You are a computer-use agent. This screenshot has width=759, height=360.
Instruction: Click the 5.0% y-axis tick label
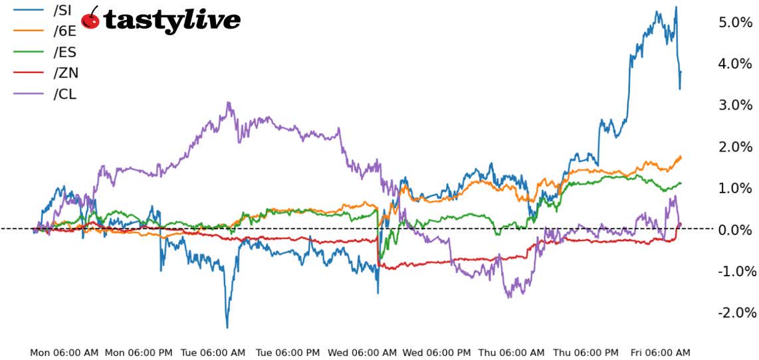tap(734, 23)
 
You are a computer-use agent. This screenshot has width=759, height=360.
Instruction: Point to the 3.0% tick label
tap(734, 105)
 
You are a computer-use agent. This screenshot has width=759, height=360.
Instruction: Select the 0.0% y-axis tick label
tap(734, 230)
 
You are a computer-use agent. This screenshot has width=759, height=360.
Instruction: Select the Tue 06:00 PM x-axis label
tap(288, 352)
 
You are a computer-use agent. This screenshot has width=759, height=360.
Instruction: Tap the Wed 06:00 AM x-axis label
tap(362, 352)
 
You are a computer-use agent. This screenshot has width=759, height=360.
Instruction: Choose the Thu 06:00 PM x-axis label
tap(586, 352)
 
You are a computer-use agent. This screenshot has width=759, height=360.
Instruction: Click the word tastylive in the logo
tap(171, 21)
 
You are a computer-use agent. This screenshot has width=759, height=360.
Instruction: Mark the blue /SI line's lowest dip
tap(227, 327)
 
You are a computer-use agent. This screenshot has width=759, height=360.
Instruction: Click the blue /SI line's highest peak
tap(676, 7)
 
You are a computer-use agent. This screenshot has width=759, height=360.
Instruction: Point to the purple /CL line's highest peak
tap(228, 103)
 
